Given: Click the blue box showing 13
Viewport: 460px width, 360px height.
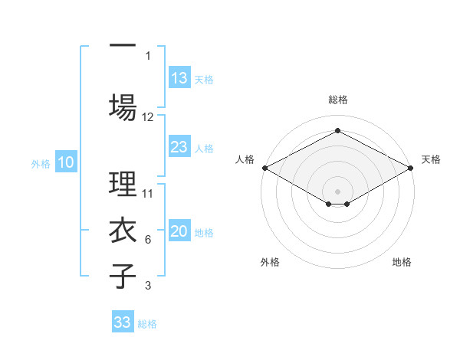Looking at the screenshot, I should click(179, 78).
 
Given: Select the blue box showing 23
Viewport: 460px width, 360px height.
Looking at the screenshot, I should click(179, 147).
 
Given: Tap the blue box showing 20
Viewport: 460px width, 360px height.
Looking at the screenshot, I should click(179, 232).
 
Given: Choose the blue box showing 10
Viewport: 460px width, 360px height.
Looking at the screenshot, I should click(66, 162).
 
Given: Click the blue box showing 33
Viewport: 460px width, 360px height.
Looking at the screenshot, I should click(123, 322).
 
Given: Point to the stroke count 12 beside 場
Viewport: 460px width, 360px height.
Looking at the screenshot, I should click(148, 116).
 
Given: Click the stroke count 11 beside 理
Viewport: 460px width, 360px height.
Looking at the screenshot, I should click(148, 193).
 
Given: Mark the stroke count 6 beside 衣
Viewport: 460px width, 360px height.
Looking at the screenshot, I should click(148, 240).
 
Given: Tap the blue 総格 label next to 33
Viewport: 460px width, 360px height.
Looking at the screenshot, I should click(147, 324).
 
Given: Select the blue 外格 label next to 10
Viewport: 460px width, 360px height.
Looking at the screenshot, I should click(41, 163).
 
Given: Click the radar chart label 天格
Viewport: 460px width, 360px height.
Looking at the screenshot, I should click(431, 159).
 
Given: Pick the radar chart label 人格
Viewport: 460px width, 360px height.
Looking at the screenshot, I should click(244, 159).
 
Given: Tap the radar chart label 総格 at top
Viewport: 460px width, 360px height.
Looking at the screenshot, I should click(337, 100).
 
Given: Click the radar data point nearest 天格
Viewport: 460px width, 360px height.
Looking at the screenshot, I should click(411, 168).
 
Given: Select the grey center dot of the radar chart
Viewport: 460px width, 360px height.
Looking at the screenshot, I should click(337, 190).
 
